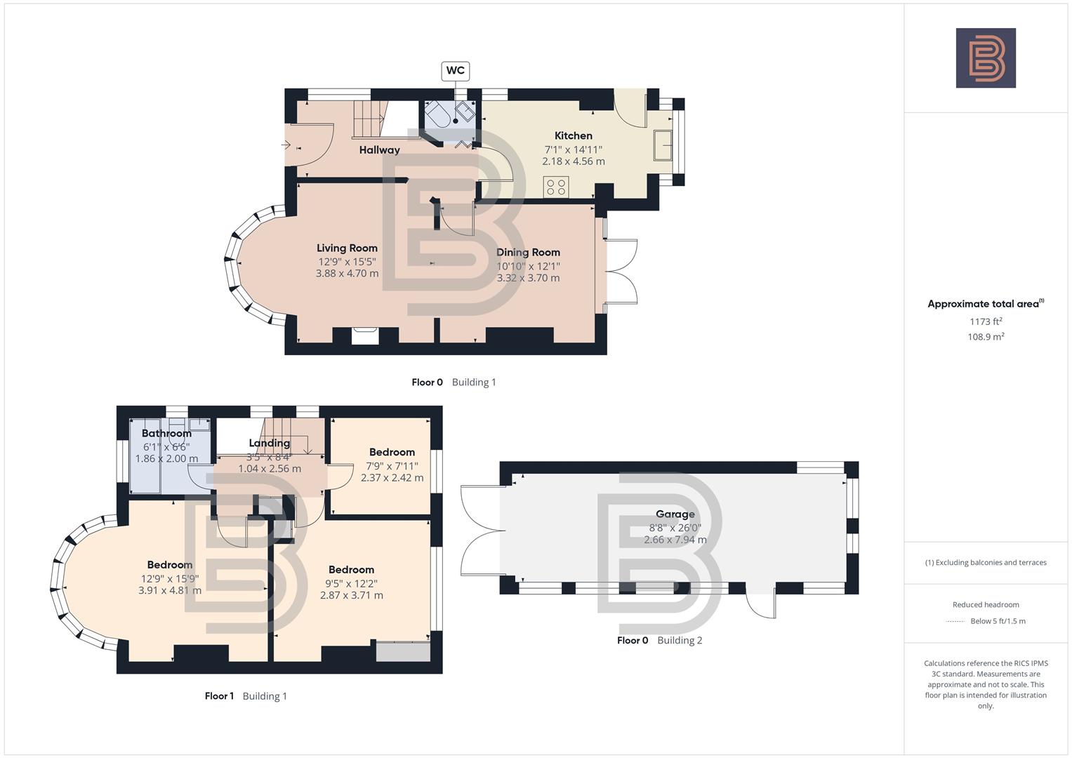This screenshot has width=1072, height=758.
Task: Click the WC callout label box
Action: pos(455,70)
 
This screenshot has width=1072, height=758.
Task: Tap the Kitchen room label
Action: pos(573,135)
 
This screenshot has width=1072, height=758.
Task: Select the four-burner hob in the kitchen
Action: pos(556,187)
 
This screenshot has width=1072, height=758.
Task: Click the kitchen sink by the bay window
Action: pos(663,145)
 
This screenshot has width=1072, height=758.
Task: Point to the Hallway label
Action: pos(379,149)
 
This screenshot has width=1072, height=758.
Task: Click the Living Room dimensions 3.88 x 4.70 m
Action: pos(347,273)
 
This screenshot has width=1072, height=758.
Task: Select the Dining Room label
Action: pos(528,252)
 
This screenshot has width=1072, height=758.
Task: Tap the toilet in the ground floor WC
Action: pos(439,114)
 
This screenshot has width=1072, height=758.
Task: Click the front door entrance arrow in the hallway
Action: pos(286,145)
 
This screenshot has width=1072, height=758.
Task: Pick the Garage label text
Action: pos(675,514)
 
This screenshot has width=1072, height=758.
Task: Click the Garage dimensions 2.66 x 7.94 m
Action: pos(675,540)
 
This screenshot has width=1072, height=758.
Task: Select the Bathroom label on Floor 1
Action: pos(166,433)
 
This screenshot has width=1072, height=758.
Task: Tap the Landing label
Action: pos(269,443)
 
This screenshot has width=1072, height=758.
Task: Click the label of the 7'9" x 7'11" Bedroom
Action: pos(392,452)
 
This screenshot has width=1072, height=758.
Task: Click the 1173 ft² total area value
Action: pos(986,321)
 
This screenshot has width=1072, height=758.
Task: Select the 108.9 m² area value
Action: pos(986,337)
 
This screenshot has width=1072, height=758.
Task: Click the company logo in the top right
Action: pos(986,58)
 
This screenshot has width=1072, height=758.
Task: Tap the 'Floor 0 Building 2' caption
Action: pos(659,640)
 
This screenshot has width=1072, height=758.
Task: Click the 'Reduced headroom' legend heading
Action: pos(986,604)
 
